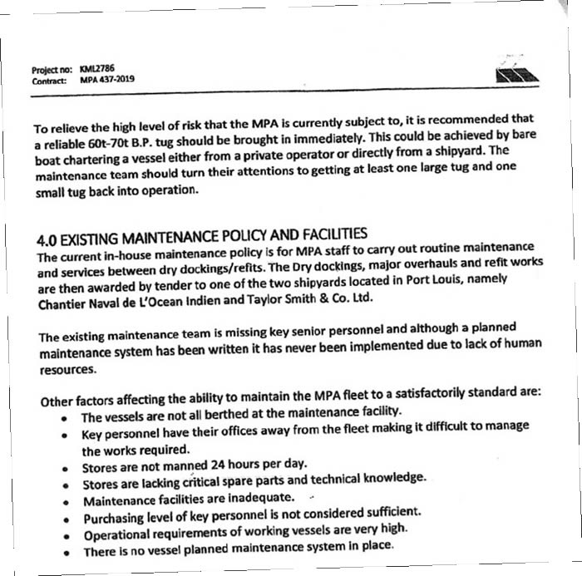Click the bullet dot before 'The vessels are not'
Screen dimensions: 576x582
coord(63,418)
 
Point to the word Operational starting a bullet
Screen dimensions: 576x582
coord(116,536)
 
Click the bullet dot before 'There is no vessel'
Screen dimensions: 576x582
coord(65,554)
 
